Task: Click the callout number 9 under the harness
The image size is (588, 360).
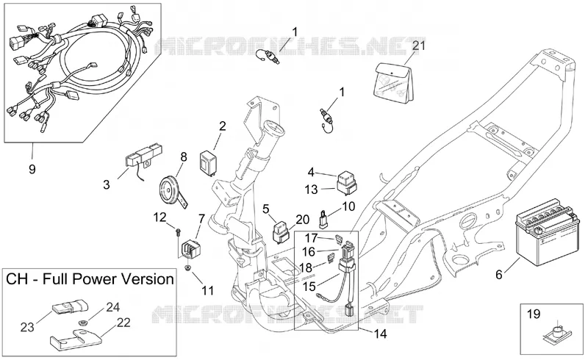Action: pyautogui.click(x=32, y=170)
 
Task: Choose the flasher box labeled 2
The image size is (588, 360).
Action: pyautogui.click(x=208, y=162)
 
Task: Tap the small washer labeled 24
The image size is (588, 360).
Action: pyautogui.click(x=82, y=322)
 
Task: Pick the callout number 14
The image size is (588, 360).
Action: pyautogui.click(x=380, y=334)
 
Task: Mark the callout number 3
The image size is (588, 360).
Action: pyautogui.click(x=107, y=184)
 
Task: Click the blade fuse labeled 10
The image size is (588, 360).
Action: pyautogui.click(x=323, y=220)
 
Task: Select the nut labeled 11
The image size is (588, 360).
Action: pyautogui.click(x=188, y=267)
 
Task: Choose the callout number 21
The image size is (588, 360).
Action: pyautogui.click(x=419, y=46)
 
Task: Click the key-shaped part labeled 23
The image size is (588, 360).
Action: pyautogui.click(x=68, y=306)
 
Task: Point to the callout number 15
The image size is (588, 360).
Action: pyautogui.click(x=309, y=287)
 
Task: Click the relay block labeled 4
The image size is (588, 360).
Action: pyautogui.click(x=348, y=182)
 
